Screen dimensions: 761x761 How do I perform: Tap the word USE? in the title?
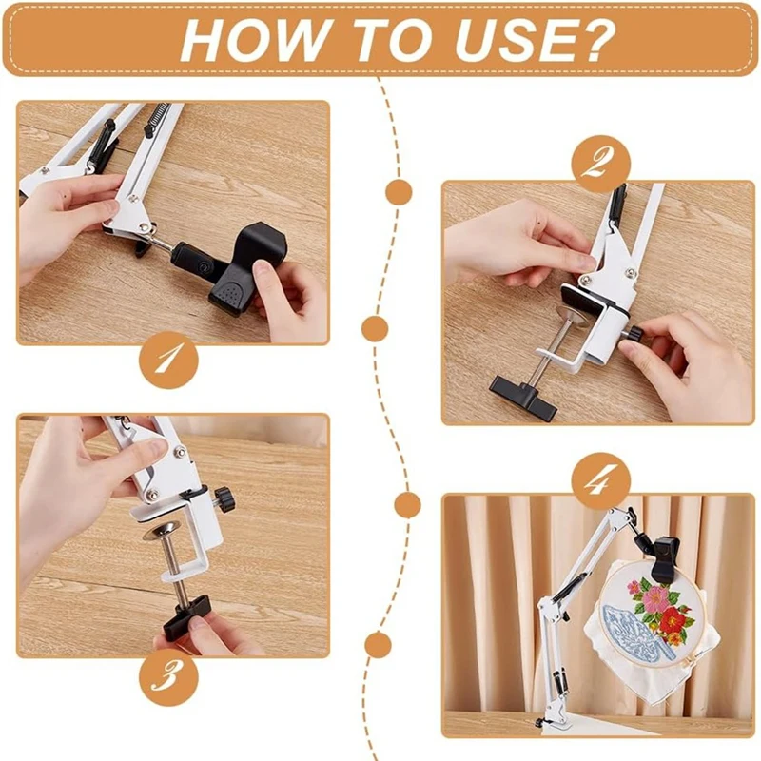(535, 40)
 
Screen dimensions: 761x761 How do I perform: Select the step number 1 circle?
(169, 360)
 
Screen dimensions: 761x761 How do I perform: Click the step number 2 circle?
(601, 165)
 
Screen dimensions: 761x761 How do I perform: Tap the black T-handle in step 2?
(524, 397)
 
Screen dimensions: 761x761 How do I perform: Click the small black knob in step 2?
(634, 335)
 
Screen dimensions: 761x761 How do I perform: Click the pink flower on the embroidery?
(656, 598)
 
